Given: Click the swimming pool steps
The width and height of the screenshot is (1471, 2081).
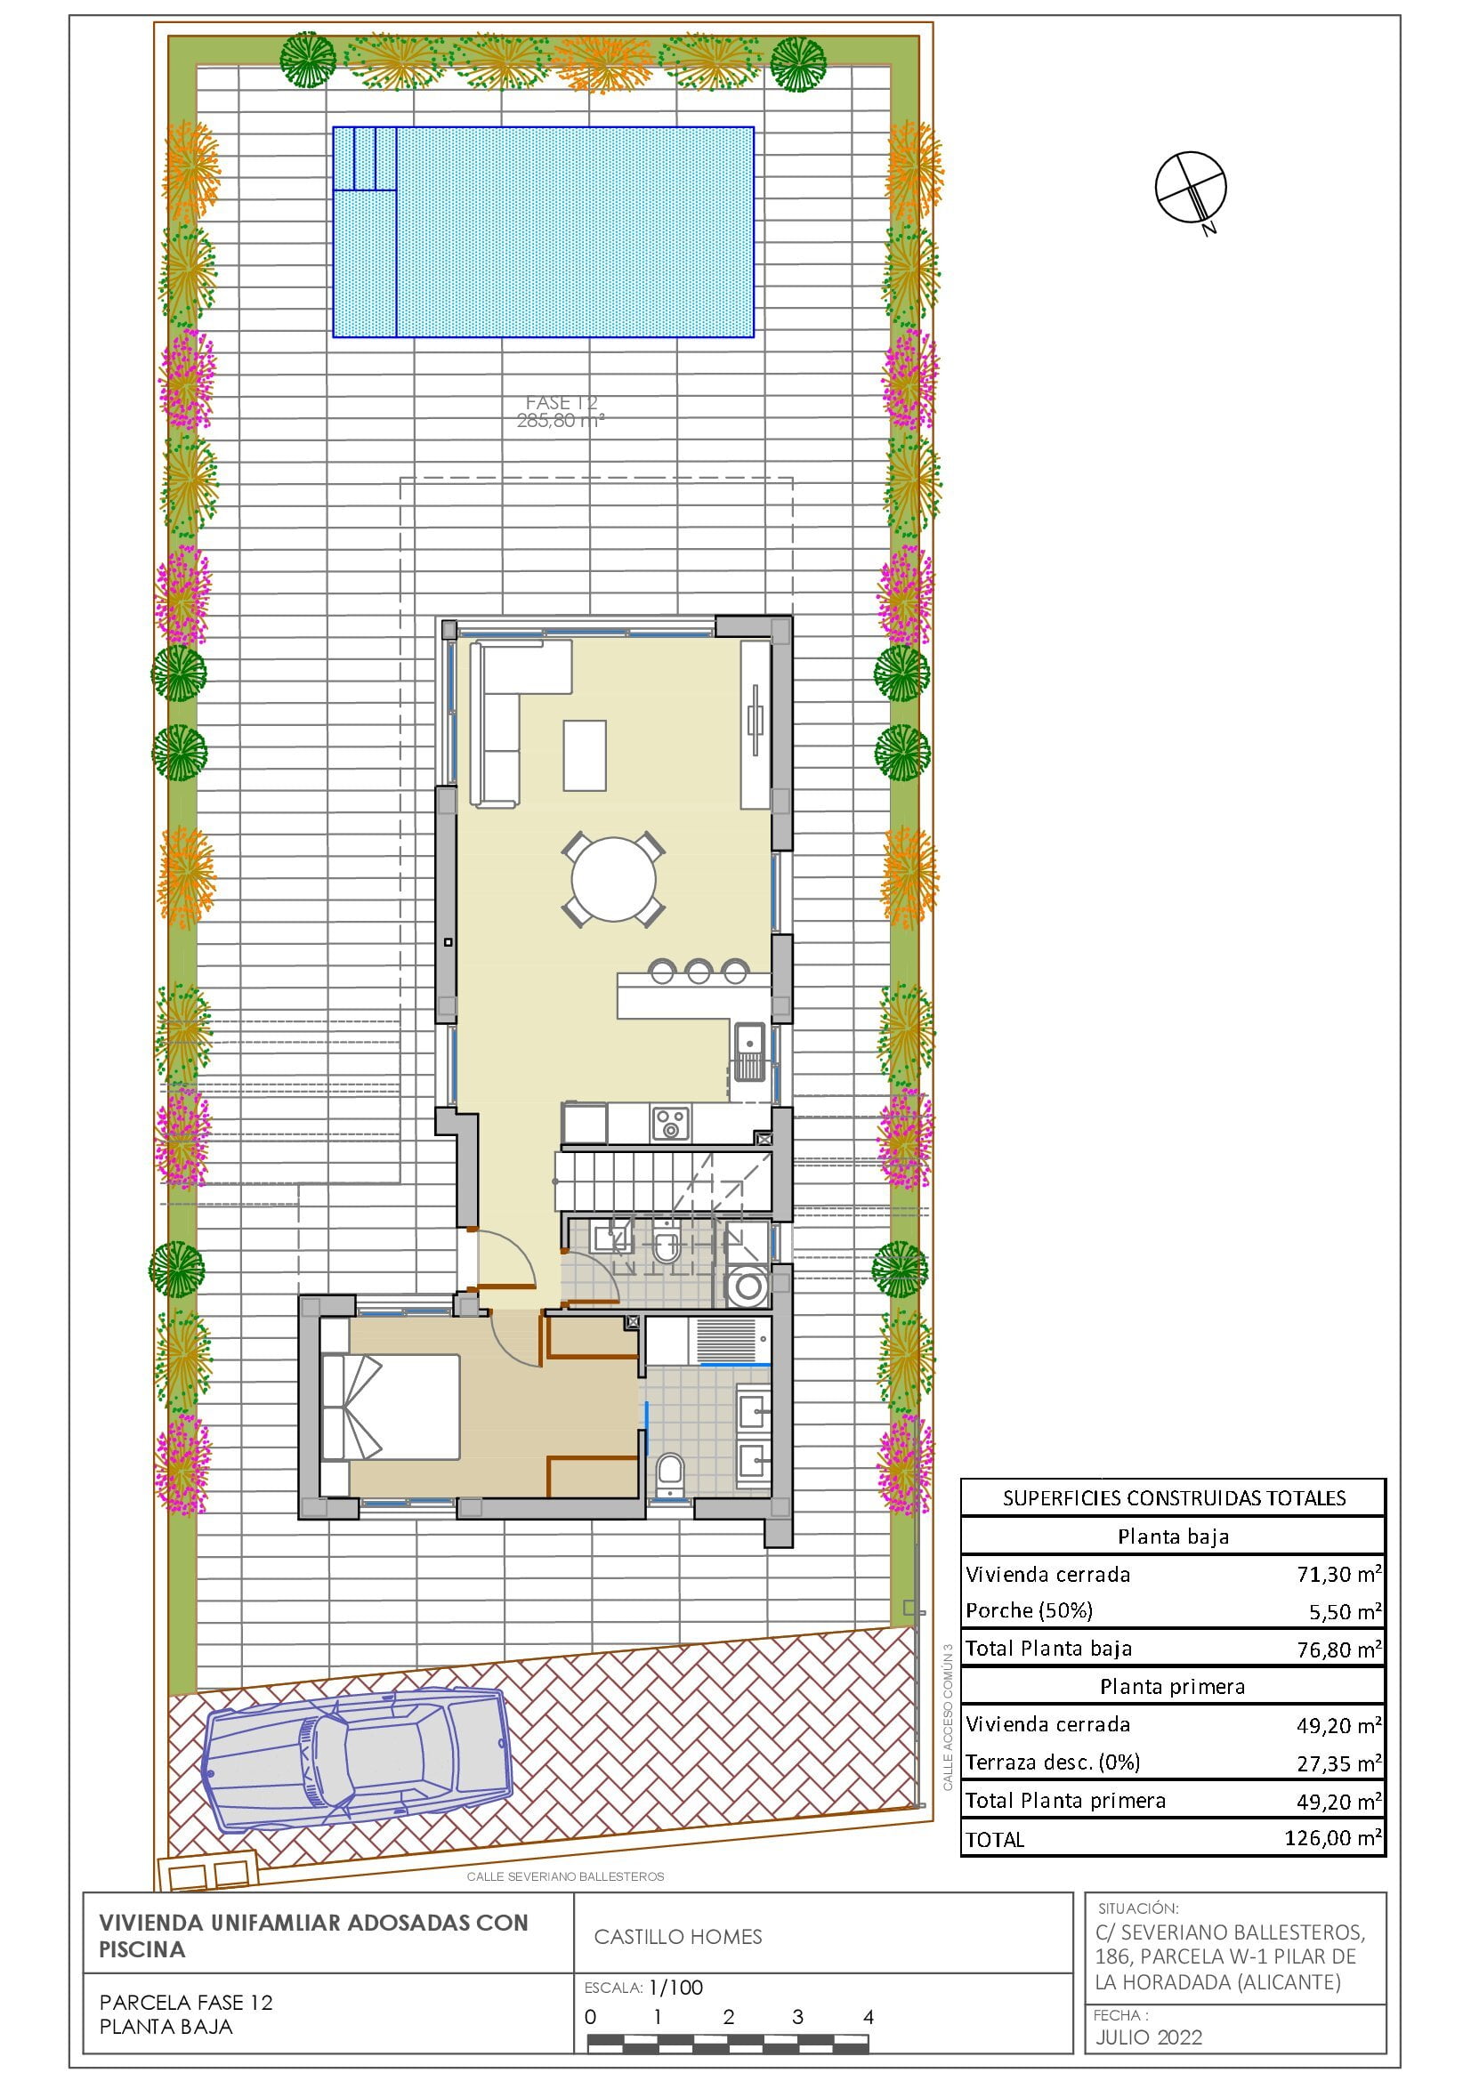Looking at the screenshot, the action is coord(364,158).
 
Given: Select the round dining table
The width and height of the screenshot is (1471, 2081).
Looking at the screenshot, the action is coord(614,878).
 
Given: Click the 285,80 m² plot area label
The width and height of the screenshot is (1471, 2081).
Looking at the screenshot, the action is coord(560,421).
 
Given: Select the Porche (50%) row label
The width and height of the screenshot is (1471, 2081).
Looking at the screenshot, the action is coord(1029,1610).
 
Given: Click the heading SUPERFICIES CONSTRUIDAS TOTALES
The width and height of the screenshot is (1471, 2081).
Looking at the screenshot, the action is coord(1174,1498).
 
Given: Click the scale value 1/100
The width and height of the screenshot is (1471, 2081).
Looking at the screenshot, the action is coord(676,1988).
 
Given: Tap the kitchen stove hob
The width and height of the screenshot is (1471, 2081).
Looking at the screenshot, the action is coord(671,1124).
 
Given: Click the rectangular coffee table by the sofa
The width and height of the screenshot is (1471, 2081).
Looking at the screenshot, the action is coord(585,755).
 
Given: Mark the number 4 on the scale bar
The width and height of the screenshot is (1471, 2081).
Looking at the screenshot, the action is coord(869,2017).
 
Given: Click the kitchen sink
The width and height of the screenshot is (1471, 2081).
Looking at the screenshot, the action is coord(749,1053).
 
